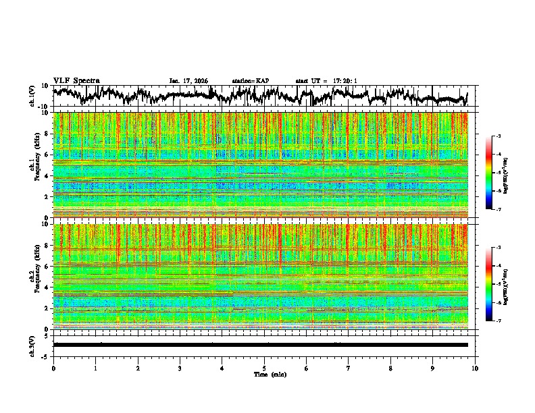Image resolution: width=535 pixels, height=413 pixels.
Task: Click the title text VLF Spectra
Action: [x=76, y=81]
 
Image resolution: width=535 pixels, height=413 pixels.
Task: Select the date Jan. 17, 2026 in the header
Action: [x=188, y=81]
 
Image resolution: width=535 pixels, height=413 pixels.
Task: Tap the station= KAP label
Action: [x=251, y=81]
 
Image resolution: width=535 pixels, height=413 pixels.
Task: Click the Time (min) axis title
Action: [x=269, y=374]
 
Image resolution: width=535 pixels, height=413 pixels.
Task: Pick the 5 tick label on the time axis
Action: [x=264, y=368]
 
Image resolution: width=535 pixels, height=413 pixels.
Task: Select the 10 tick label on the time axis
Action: [x=475, y=368]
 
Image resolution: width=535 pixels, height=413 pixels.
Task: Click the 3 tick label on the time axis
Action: [x=180, y=368]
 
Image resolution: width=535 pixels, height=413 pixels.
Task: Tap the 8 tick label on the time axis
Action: [x=390, y=368]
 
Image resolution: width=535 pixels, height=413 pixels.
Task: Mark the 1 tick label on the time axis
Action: [x=95, y=368]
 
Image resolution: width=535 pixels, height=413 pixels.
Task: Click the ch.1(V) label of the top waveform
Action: [x=32, y=96]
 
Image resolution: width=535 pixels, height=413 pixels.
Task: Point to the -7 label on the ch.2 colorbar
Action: [x=498, y=321]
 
